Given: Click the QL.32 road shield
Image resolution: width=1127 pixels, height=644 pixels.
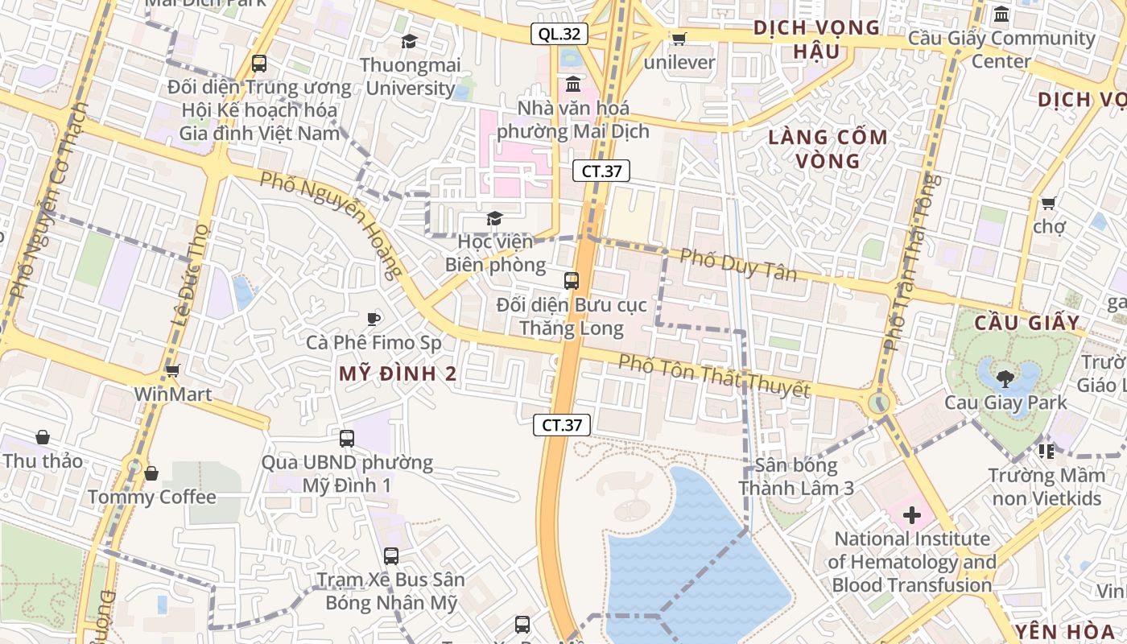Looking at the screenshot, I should point(559,34).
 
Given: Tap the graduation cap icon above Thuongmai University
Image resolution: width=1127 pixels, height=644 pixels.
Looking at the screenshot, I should point(410,41).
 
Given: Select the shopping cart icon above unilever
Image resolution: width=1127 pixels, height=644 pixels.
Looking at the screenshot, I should point(679,39).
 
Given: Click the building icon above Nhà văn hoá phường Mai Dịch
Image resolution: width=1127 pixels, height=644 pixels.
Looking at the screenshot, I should point(573,84).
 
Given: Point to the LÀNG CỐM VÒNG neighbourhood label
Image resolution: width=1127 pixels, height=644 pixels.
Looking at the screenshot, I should point(828,149).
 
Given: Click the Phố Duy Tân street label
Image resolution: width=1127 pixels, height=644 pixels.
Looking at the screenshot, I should point(738,264).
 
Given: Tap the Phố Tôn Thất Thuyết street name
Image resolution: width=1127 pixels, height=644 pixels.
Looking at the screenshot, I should point(713,375).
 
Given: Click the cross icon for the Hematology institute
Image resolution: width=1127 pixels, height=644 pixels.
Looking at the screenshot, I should point(911,515).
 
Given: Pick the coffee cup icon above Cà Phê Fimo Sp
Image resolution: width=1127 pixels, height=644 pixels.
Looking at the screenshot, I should point(374,319).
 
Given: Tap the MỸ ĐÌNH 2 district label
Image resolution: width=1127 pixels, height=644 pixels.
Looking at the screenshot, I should point(398,374).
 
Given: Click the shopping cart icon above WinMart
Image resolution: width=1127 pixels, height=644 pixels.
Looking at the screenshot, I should point(172,371).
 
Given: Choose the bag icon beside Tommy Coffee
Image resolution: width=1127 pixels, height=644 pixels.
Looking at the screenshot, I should point(151,473).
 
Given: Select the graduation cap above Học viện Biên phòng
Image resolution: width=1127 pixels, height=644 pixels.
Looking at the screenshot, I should point(494,218).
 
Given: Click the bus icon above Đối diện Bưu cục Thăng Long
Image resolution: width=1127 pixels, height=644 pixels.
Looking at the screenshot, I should point(572,281).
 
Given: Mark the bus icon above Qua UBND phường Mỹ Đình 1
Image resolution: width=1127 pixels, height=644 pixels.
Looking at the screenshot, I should point(347,439).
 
